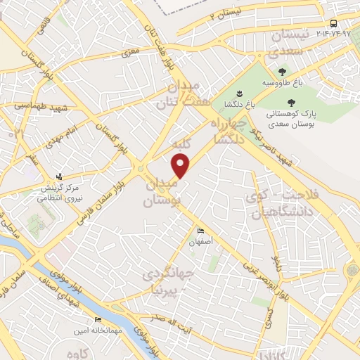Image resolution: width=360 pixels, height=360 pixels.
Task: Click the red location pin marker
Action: coord(181,165)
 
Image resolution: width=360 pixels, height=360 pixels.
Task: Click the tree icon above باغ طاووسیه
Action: coord(282,71)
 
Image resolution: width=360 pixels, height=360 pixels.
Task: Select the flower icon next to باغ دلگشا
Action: coord(239,94)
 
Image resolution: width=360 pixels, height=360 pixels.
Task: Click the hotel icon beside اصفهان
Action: coord(200,231)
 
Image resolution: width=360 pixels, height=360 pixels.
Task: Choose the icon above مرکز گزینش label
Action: coord(59,176)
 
